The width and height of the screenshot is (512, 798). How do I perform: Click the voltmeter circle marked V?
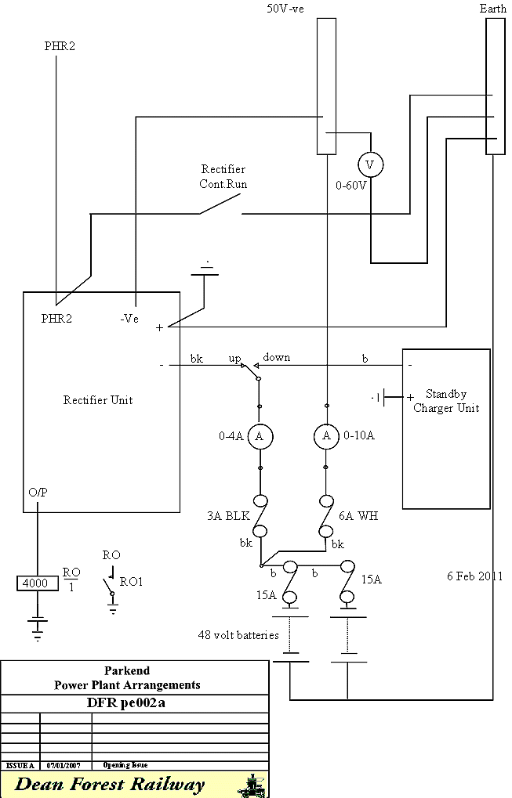click(x=370, y=165)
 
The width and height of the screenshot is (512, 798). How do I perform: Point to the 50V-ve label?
click(x=287, y=9)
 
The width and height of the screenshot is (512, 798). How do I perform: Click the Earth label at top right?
click(x=492, y=9)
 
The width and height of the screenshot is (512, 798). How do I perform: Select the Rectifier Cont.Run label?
click(x=223, y=176)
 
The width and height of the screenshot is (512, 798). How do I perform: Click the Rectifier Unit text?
click(x=98, y=400)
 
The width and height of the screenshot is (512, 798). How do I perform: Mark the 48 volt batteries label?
click(x=238, y=635)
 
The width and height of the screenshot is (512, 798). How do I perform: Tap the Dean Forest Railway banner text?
click(x=111, y=784)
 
